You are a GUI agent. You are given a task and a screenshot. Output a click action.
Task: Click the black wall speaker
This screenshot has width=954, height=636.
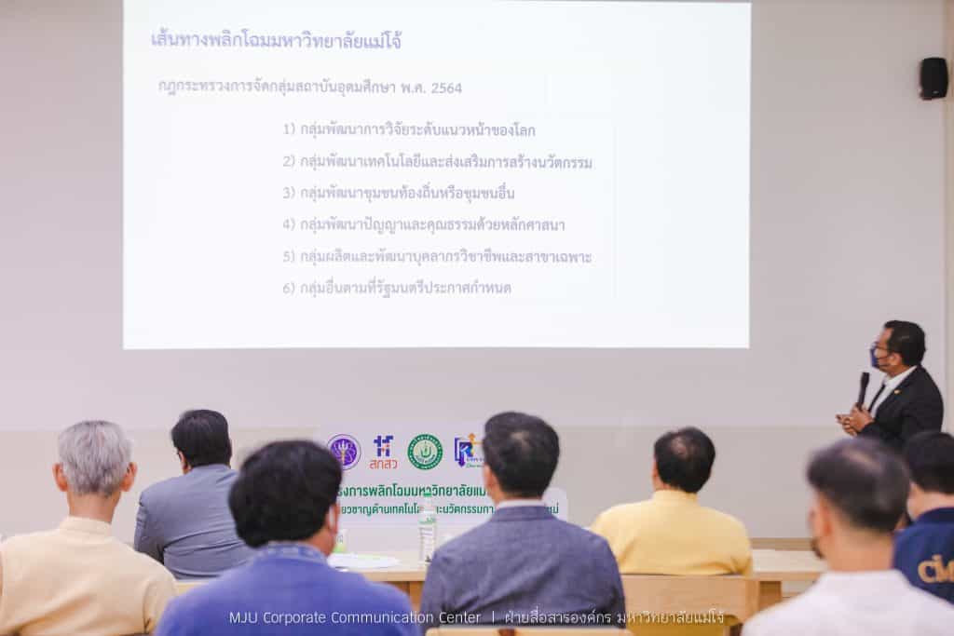click(933, 78)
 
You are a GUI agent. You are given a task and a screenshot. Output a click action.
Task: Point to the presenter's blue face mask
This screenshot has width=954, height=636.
click(876, 359)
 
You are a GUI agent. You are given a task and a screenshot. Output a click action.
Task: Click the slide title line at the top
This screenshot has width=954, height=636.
click(276, 41)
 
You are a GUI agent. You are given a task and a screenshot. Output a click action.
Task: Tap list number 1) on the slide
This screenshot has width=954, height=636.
click(289, 129)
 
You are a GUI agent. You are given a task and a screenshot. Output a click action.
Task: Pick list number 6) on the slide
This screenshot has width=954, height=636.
click(289, 288)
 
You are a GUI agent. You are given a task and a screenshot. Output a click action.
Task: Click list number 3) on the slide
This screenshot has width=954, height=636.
click(289, 193)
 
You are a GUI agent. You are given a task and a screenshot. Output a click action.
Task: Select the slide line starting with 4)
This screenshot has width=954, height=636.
click(424, 224)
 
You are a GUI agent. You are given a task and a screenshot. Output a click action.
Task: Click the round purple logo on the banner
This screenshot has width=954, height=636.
click(343, 452)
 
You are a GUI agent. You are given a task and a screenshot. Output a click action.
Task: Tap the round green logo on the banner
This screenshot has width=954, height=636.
click(425, 452)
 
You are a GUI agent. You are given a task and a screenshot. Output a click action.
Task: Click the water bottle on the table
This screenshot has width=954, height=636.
click(428, 531)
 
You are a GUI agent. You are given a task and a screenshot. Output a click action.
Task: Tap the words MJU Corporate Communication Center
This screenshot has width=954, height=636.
click(355, 617)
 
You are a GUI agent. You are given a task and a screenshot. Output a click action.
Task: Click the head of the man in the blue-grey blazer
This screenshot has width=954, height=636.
click(521, 456)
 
